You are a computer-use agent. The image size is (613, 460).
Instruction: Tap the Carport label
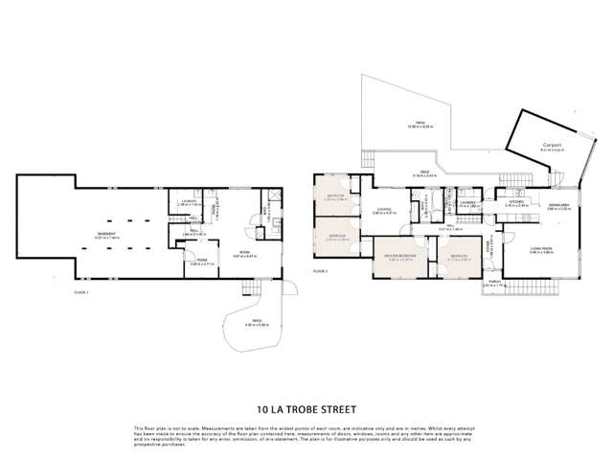point(551,146)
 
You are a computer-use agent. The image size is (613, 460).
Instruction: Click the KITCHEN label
point(517,202)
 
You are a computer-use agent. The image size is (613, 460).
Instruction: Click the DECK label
point(418,173)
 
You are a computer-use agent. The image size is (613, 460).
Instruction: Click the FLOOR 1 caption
point(80,291)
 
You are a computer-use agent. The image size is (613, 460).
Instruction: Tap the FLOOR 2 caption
point(321,271)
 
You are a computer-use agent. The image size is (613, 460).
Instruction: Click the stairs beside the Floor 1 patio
point(254,287)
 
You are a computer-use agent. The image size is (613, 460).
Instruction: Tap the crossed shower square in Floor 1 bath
point(276,195)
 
